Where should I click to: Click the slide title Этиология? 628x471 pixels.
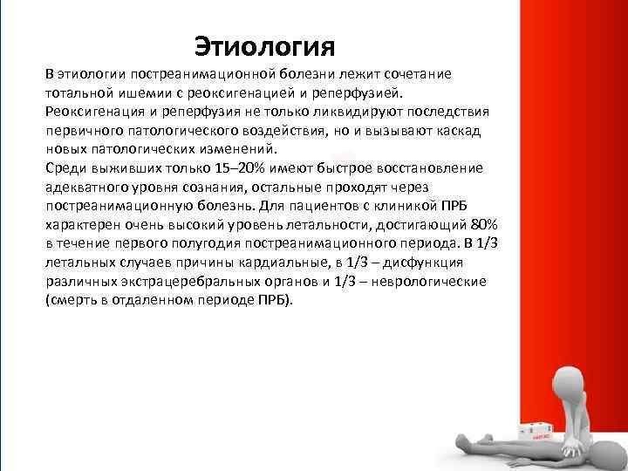[x=263, y=43]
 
